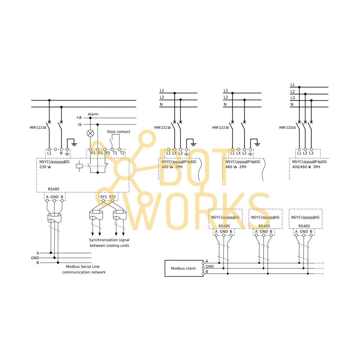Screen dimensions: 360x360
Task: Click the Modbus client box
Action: (x=183, y=268)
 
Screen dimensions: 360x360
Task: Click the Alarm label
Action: (x=93, y=114)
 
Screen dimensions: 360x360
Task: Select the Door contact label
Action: (x=118, y=132)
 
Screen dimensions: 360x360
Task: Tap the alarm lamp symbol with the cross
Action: (x=90, y=133)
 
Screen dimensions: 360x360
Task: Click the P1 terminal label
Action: (x=93, y=153)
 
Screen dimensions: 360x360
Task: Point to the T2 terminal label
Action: (x=122, y=153)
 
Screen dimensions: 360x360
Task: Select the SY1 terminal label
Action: (x=103, y=196)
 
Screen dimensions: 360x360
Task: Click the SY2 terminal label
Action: (x=112, y=196)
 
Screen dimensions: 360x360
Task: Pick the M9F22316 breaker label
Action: (x=287, y=127)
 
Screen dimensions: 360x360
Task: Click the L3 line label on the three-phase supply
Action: (x=292, y=98)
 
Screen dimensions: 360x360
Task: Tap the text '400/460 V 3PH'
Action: (x=307, y=167)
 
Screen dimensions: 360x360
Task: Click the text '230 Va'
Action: (x=45, y=167)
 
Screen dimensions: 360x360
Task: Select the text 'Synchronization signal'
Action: (x=109, y=240)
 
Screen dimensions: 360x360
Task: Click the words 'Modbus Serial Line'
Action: (x=84, y=267)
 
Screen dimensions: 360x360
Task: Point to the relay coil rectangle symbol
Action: (x=79, y=166)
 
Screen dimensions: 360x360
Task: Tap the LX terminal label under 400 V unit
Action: (x=174, y=153)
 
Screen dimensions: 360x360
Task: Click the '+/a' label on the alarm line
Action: (x=79, y=118)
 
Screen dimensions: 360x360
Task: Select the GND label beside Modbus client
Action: (x=210, y=267)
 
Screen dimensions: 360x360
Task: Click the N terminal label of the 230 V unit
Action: (x=61, y=153)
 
